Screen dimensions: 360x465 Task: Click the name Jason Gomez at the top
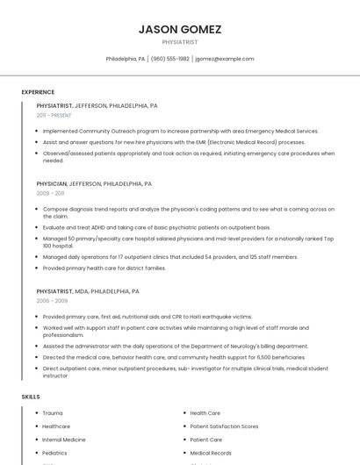pyautogui.click(x=180, y=29)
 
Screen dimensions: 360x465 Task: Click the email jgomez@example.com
pyautogui.click(x=224, y=59)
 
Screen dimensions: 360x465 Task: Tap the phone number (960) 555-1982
pyautogui.click(x=169, y=59)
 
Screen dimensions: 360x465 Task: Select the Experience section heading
pyautogui.click(x=38, y=92)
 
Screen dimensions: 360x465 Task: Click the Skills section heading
pyautogui.click(x=31, y=397)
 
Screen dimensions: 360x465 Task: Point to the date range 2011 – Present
pyautogui.click(x=54, y=115)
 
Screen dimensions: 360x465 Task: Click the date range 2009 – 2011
pyautogui.click(x=50, y=193)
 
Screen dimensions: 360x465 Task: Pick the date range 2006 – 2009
pyautogui.click(x=52, y=300)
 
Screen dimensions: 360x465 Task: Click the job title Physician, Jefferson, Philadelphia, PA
pyautogui.click(x=94, y=184)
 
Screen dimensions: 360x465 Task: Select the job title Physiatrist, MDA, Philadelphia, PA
pyautogui.click(x=88, y=291)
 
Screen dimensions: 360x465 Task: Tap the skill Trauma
pyautogui.click(x=53, y=412)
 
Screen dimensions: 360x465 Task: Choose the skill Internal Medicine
pyautogui.click(x=64, y=440)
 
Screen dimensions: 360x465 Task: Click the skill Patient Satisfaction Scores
pyautogui.click(x=224, y=426)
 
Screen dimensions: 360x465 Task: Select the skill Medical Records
pyautogui.click(x=210, y=453)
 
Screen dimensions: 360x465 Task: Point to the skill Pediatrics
pyautogui.click(x=54, y=453)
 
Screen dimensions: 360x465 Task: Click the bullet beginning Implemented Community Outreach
pyautogui.click(x=180, y=131)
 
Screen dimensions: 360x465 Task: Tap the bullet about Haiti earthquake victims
pyautogui.click(x=147, y=317)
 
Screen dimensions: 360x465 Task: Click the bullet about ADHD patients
pyautogui.click(x=155, y=227)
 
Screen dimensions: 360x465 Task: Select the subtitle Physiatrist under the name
pyautogui.click(x=180, y=42)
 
